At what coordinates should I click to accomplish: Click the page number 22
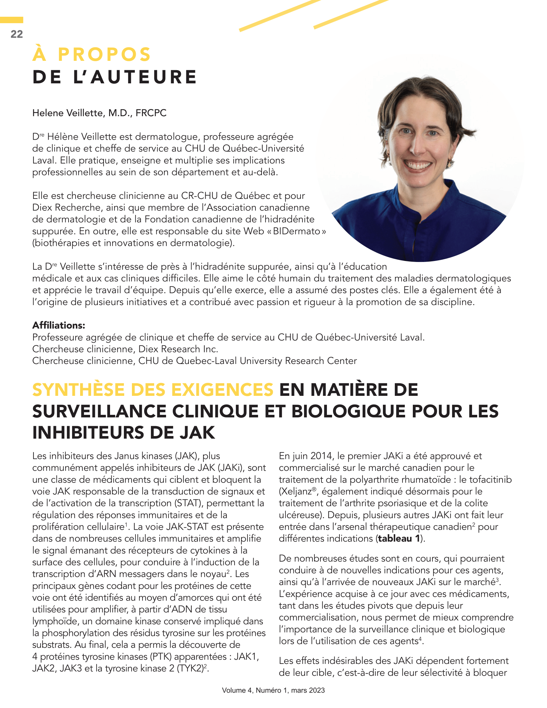click(16, 34)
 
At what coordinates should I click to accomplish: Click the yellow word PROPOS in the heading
click(104, 54)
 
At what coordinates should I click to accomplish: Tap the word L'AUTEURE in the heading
click(135, 77)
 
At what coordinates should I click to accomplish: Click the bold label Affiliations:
click(59, 325)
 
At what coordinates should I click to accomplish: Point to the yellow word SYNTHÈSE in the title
click(79, 390)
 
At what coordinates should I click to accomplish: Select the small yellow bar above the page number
click(11, 20)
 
